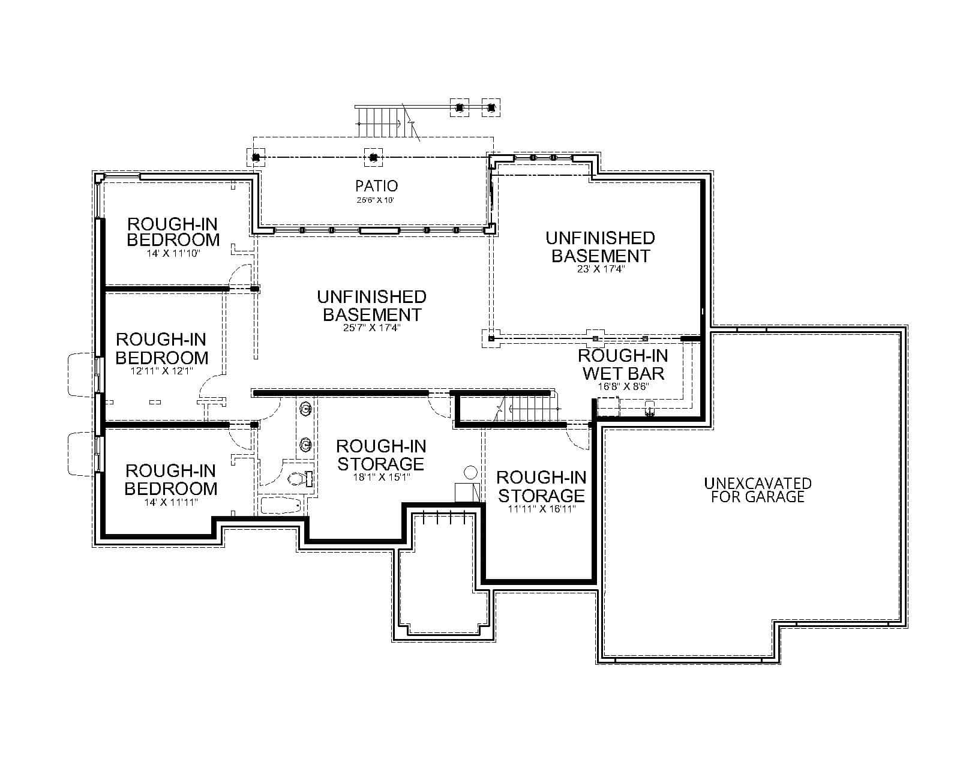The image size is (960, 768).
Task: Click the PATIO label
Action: pyautogui.click(x=376, y=186)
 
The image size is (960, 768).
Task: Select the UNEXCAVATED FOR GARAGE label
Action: pyautogui.click(x=757, y=490)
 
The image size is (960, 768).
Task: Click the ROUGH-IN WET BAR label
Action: pyautogui.click(x=623, y=364)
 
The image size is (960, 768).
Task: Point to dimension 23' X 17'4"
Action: pyautogui.click(x=600, y=269)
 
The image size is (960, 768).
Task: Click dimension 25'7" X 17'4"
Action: pyautogui.click(x=371, y=328)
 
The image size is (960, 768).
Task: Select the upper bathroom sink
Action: pyautogui.click(x=305, y=409)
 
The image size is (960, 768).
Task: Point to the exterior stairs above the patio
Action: pyautogui.click(x=378, y=121)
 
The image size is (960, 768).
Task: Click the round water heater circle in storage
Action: pyautogui.click(x=471, y=472)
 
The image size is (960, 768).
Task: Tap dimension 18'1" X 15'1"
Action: pyautogui.click(x=381, y=478)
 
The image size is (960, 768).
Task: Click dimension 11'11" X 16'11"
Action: pyautogui.click(x=541, y=509)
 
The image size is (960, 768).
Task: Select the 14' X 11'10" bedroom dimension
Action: pyautogui.click(x=173, y=254)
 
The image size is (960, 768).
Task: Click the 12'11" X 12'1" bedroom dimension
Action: pyautogui.click(x=161, y=371)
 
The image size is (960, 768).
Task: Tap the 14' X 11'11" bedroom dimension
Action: pyautogui.click(x=170, y=502)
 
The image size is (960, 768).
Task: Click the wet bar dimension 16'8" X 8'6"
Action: pyautogui.click(x=623, y=386)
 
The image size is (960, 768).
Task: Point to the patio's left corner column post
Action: pyautogui.click(x=256, y=157)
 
